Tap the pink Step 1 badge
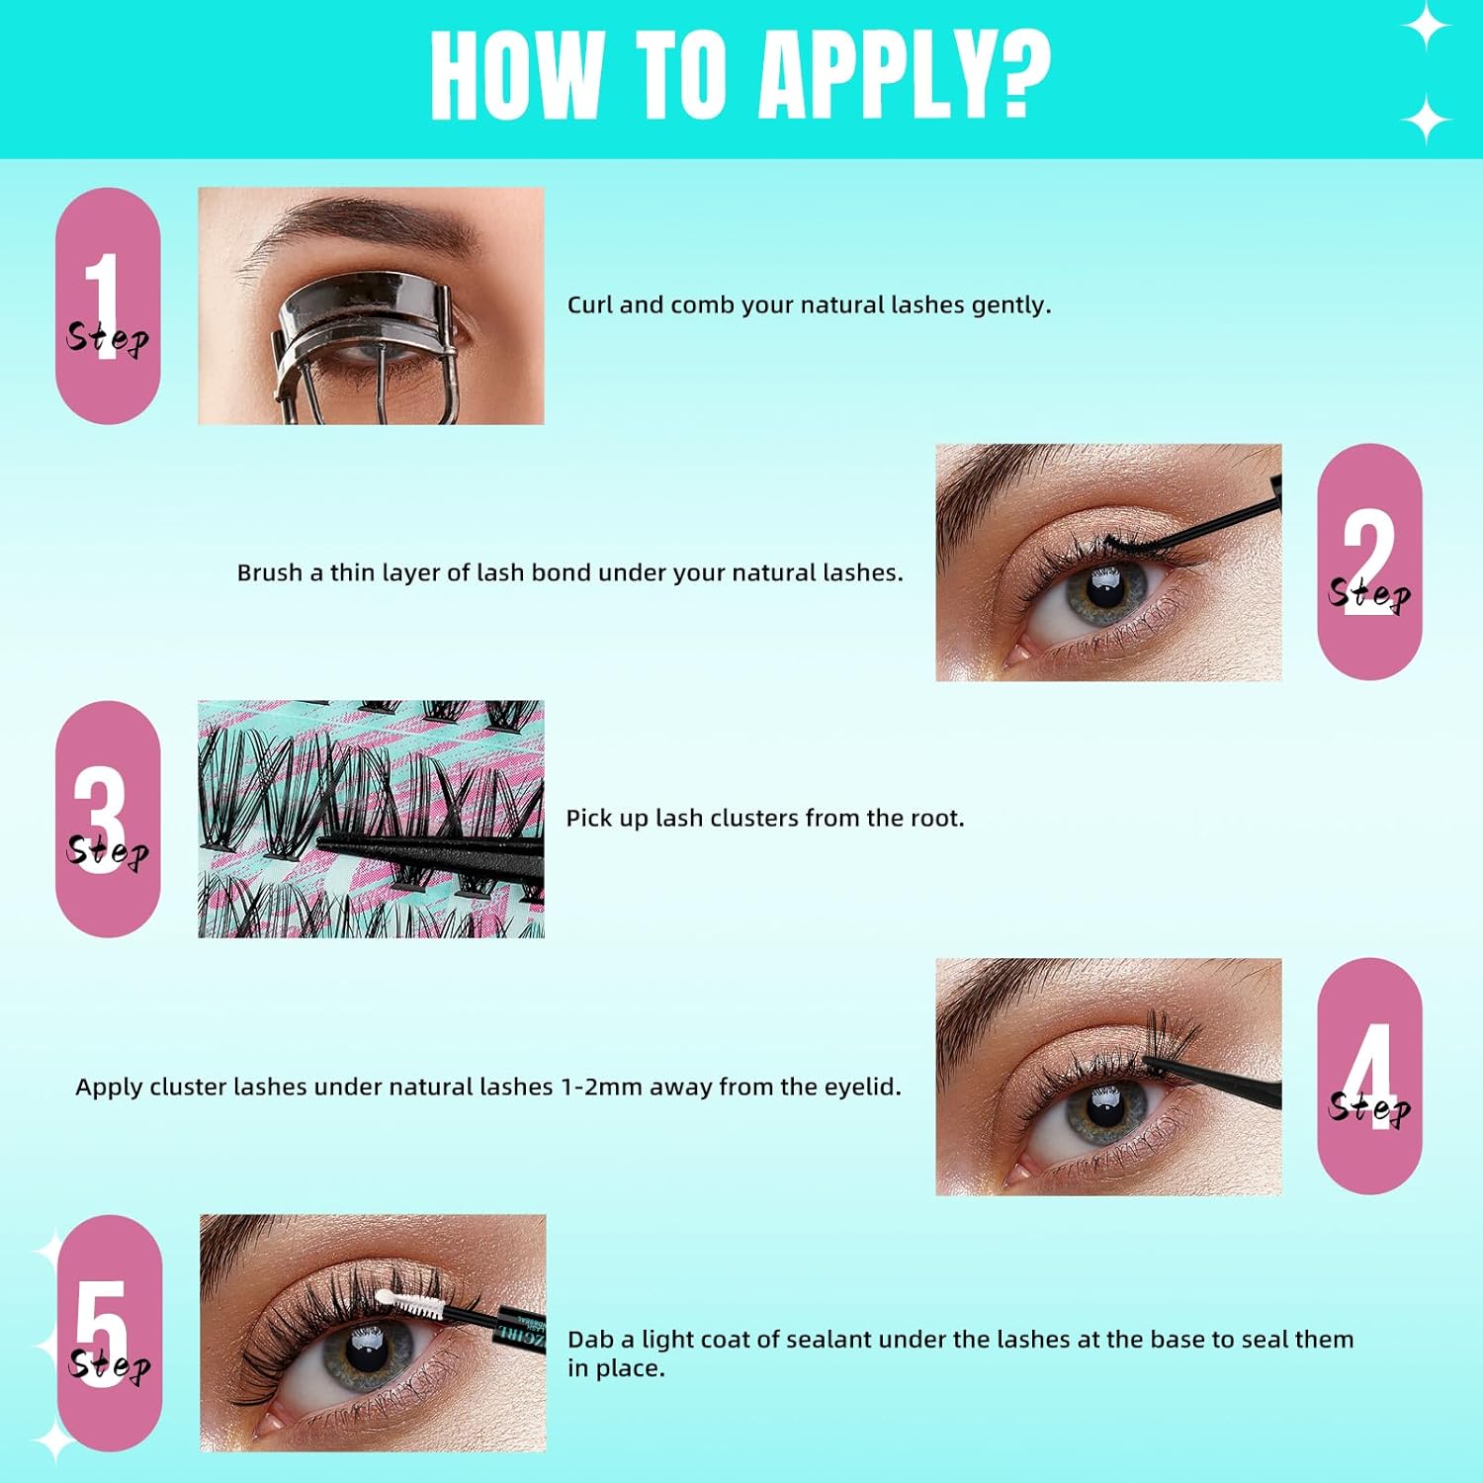[x=108, y=305]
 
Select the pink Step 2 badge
[x=1369, y=562]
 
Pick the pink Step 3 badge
[x=108, y=819]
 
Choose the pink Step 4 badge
[x=1369, y=1076]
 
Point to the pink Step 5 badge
[x=109, y=1333]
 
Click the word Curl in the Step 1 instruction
[x=590, y=305]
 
